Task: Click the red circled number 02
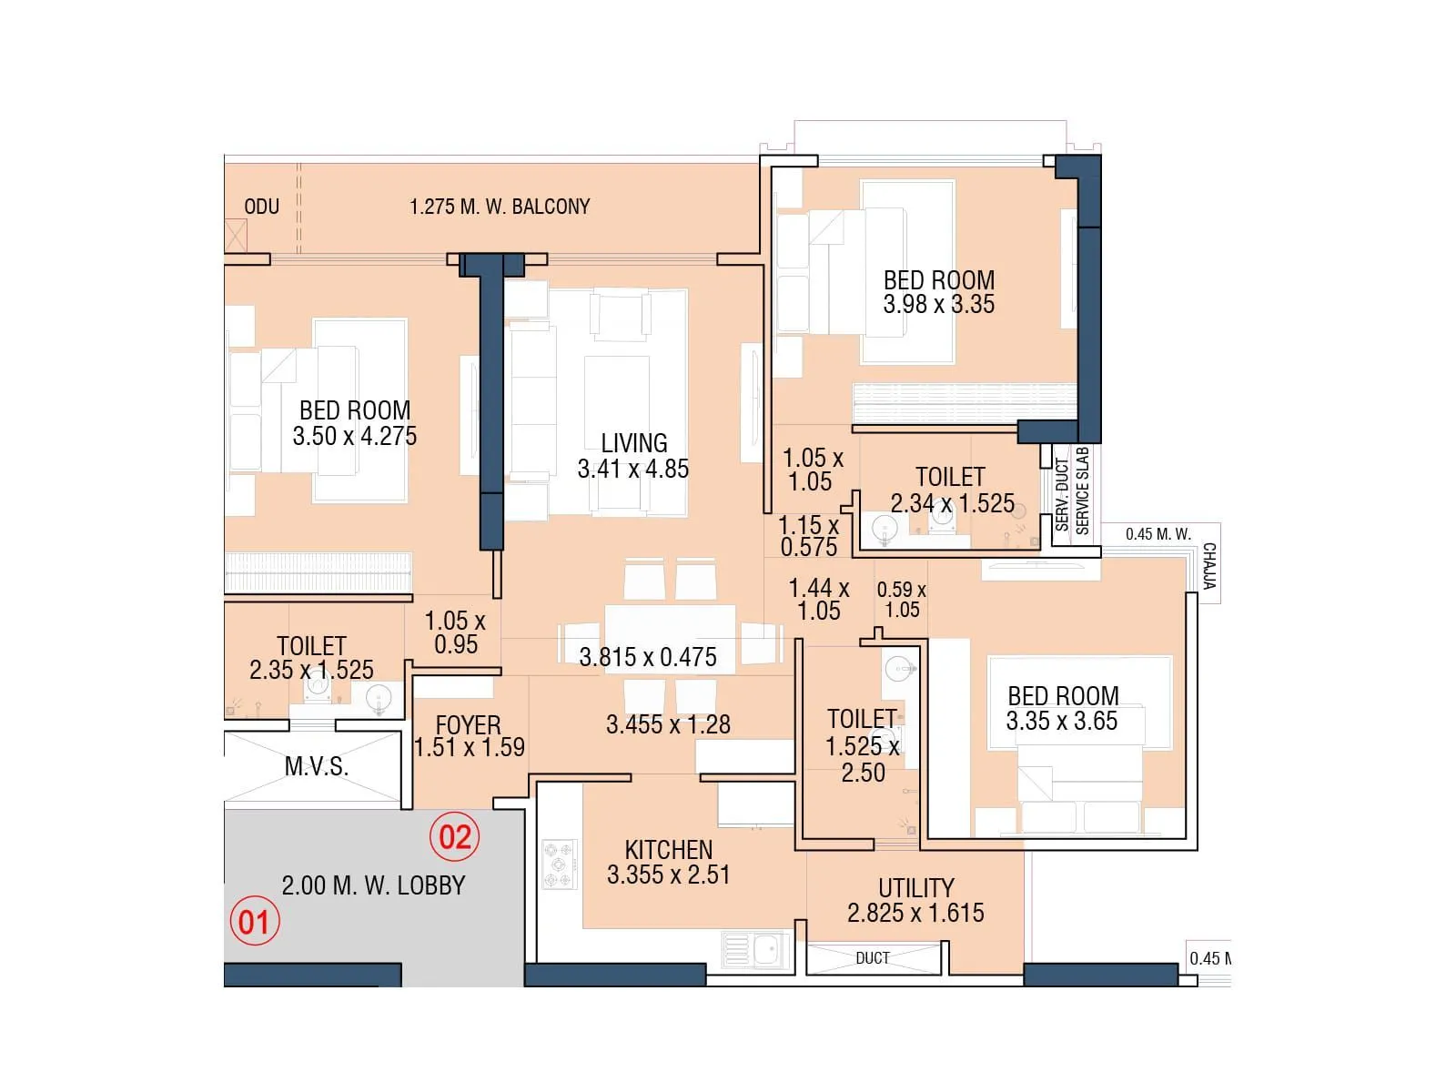(x=455, y=836)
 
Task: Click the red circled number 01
(x=254, y=921)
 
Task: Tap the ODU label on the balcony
(x=261, y=207)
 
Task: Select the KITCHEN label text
(x=668, y=849)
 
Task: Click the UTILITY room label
(x=915, y=887)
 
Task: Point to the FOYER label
(x=468, y=725)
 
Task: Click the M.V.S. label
(x=316, y=766)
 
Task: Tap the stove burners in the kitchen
(x=559, y=864)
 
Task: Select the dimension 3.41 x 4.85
(x=632, y=469)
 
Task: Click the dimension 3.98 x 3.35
(x=938, y=304)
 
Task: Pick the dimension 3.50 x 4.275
(x=354, y=436)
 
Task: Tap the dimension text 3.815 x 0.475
(x=647, y=657)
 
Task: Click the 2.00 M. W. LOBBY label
(x=373, y=885)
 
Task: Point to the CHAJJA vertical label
(x=1208, y=566)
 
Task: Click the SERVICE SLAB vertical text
(x=1082, y=490)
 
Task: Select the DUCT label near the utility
(x=872, y=958)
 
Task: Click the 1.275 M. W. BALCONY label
(x=500, y=207)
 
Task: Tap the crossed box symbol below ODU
(x=235, y=236)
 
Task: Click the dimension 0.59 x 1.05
(x=901, y=600)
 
